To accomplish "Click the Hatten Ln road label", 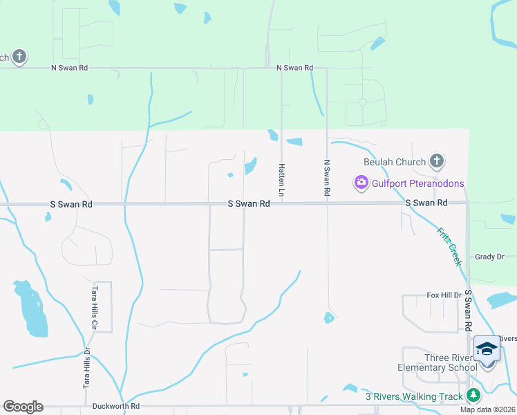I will pos(282,178).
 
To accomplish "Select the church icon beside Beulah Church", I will pos(436,162).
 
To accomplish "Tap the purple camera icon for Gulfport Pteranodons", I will pos(360,183).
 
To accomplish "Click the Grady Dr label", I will pos(489,257).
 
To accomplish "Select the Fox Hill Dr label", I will pos(444,295).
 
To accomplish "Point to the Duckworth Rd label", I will pos(116,407).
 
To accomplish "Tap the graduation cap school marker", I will pos(487,349).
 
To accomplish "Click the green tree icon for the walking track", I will pos(473,396).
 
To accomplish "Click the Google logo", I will pos(23,407).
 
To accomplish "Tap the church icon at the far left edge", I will pos(19,57).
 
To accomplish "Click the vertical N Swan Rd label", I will pos(326,178).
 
